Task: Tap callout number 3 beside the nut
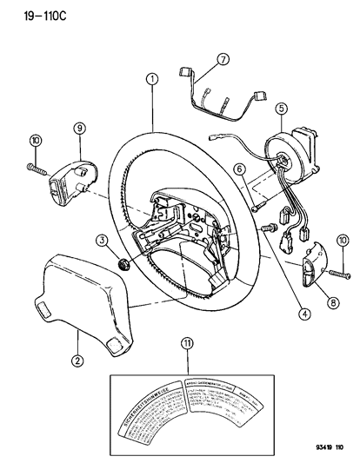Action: (102, 241)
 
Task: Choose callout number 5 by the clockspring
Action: (280, 109)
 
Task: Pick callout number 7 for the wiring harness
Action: (223, 60)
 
